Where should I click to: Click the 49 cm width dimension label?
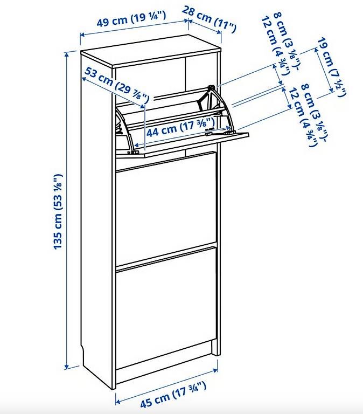pyautogui.click(x=131, y=19)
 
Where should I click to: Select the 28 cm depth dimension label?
pyautogui.click(x=208, y=19)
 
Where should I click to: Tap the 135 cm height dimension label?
pyautogui.click(x=58, y=211)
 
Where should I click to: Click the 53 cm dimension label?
pyautogui.click(x=117, y=85)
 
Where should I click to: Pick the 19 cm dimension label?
pyautogui.click(x=332, y=67)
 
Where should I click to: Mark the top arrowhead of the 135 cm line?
pyautogui.click(x=67, y=54)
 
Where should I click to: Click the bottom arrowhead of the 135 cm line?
pyautogui.click(x=67, y=367)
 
